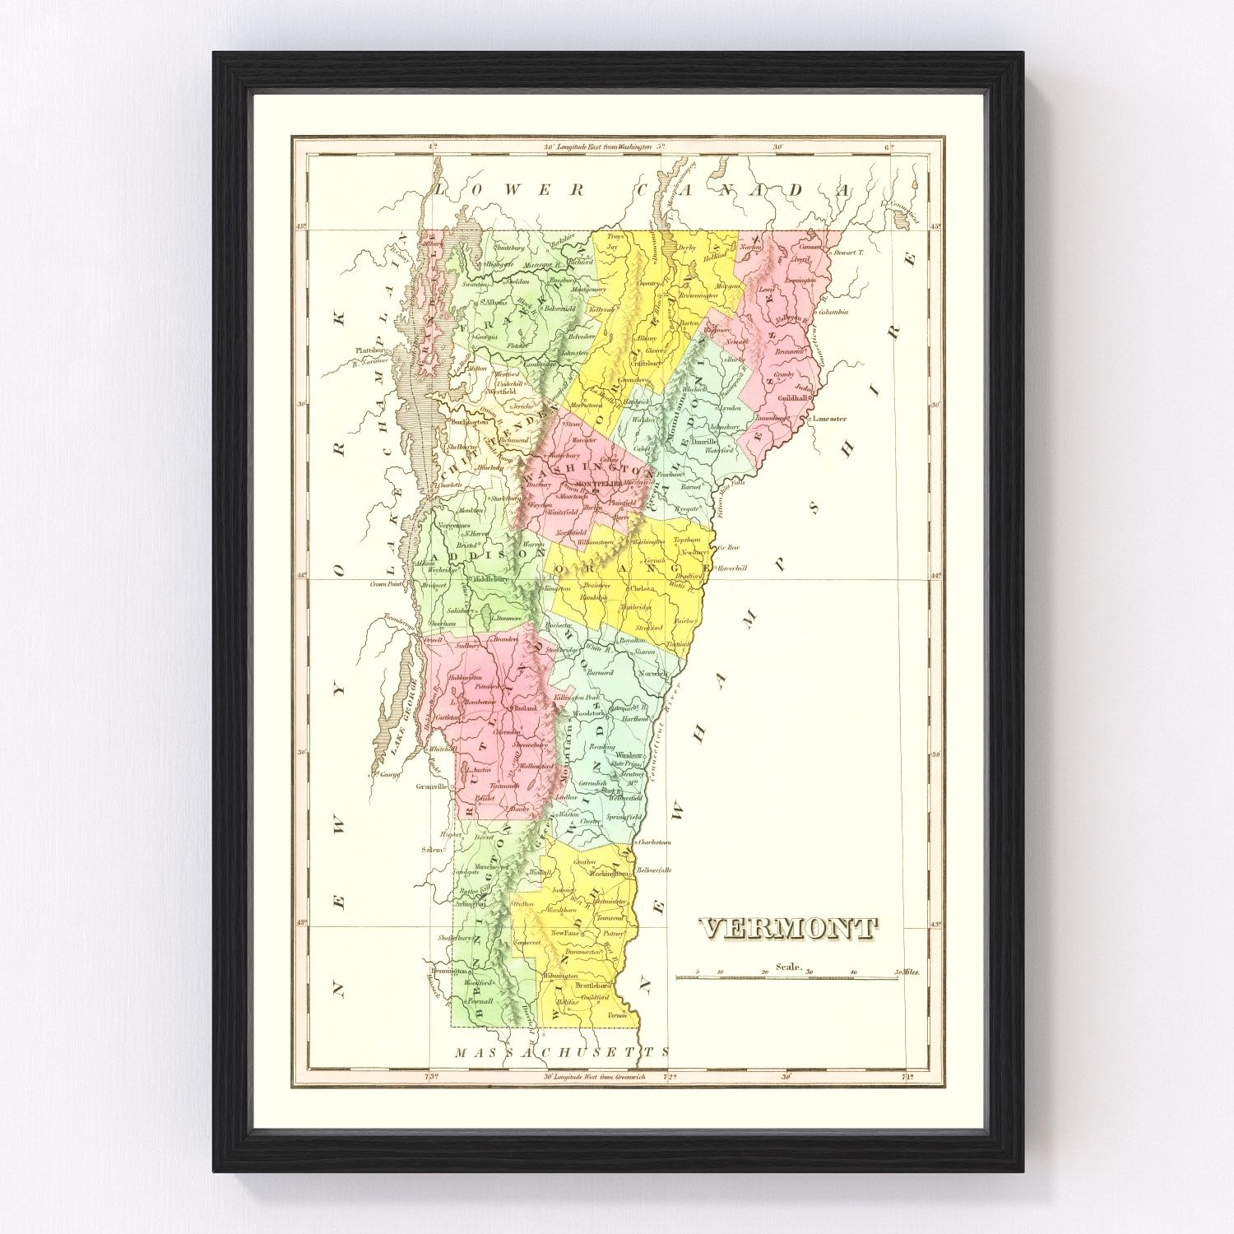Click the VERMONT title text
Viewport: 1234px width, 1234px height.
788,929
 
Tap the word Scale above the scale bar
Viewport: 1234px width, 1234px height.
788,967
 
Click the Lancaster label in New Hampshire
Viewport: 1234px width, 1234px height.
829,419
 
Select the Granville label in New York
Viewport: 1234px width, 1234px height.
431,786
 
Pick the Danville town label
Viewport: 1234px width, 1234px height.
704,441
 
